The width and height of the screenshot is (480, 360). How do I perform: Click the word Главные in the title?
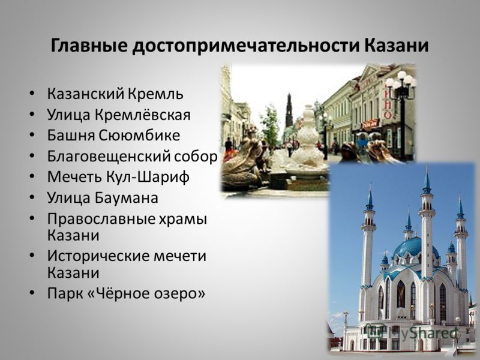click(89, 46)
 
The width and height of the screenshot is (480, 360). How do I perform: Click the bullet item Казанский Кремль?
click(115, 94)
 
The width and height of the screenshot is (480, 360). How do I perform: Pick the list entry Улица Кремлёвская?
click(119, 115)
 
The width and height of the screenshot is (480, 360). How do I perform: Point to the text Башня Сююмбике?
click(113, 136)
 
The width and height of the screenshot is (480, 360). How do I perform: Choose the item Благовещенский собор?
click(132, 157)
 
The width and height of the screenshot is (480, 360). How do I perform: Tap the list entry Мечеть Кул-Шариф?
click(118, 177)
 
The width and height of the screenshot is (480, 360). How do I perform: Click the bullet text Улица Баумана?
click(103, 198)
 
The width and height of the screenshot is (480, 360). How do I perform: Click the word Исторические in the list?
click(98, 257)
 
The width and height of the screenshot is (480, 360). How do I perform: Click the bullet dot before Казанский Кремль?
click(32, 94)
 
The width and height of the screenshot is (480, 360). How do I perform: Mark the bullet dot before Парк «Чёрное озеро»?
click(32, 293)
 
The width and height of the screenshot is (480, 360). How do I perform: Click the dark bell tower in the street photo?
click(289, 110)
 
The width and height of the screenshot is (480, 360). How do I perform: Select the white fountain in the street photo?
click(307, 141)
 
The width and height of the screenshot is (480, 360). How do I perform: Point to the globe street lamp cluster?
click(401, 81)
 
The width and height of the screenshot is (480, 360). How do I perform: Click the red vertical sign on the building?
click(388, 103)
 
